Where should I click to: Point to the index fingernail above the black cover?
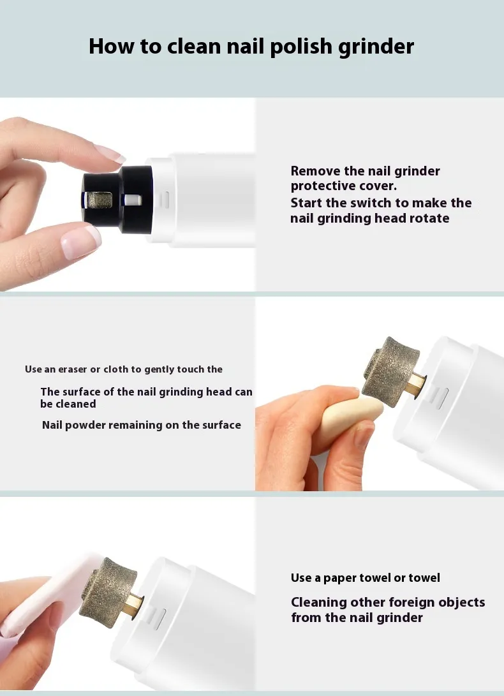[109, 154]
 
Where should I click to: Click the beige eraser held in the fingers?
[351, 418]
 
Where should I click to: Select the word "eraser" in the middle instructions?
[72, 369]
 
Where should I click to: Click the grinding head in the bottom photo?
[107, 592]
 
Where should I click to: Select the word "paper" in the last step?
[339, 578]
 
